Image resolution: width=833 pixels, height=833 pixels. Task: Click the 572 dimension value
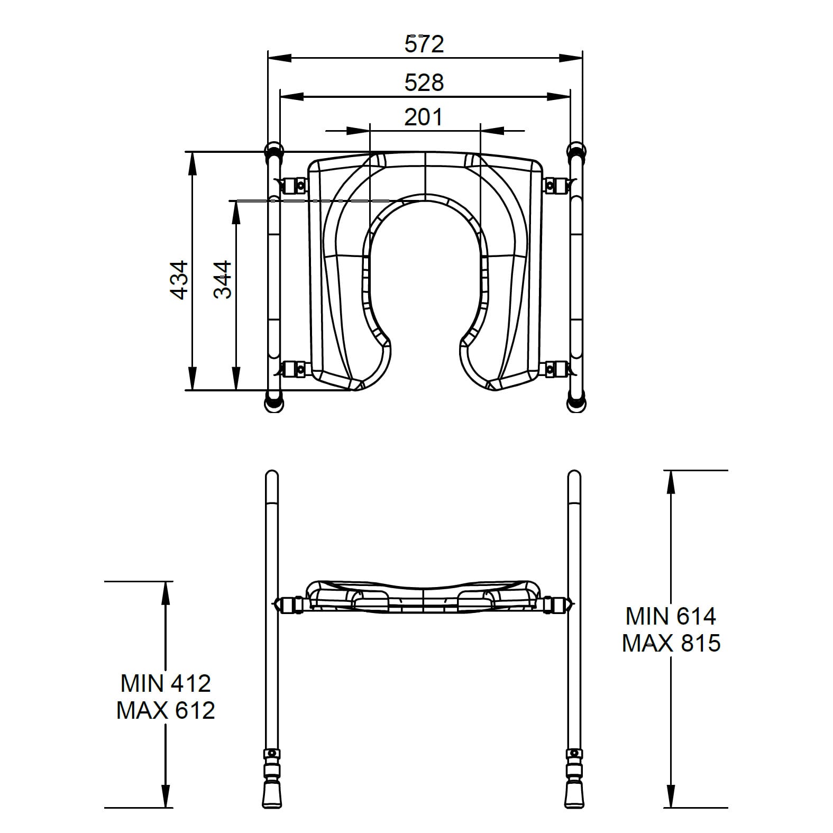424,44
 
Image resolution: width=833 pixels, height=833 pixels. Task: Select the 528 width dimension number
424,83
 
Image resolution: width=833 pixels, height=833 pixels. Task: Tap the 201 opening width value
424,117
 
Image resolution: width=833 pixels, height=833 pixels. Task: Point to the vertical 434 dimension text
180,280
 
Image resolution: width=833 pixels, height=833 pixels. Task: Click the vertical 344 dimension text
223,280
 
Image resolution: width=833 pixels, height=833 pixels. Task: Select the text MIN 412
166,683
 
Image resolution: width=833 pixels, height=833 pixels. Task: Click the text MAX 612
166,710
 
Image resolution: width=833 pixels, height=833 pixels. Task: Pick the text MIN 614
671,616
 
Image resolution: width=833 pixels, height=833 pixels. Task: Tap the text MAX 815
671,643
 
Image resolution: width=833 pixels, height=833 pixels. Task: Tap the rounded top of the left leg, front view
271,476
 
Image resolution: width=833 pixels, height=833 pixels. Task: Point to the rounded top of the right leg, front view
574,476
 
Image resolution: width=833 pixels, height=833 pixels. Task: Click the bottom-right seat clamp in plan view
555,369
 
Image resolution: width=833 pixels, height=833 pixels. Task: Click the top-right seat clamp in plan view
555,185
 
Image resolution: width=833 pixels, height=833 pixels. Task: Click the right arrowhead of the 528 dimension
560,97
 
